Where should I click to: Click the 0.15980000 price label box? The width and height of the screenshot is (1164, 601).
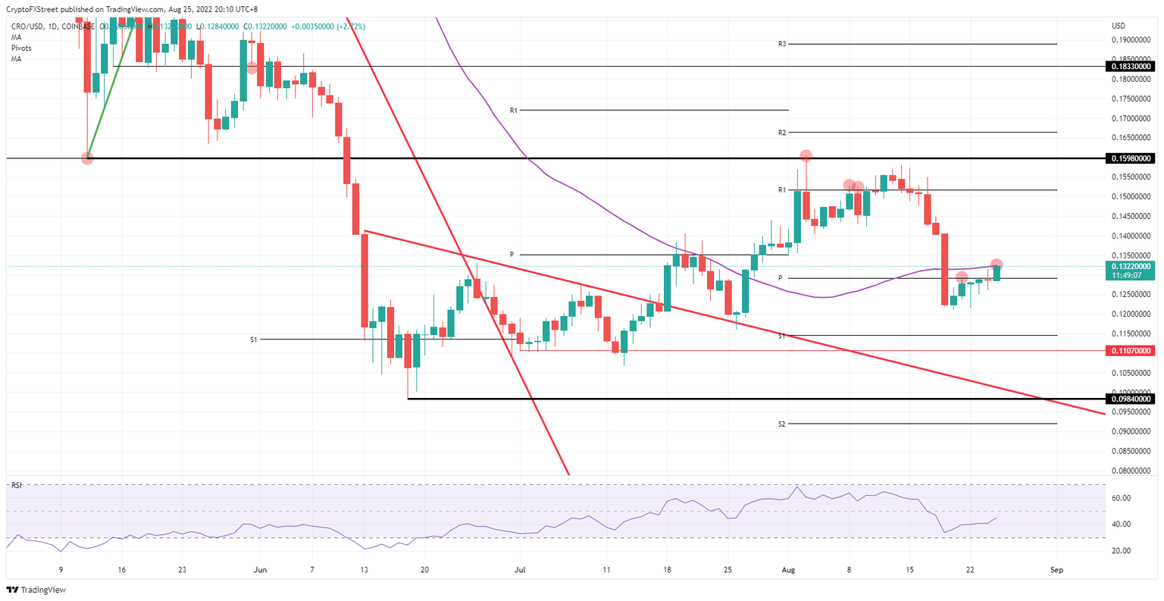pyautogui.click(x=1132, y=158)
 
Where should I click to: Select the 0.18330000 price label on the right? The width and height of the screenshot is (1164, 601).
pyautogui.click(x=1132, y=67)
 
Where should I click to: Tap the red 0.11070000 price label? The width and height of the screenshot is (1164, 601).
pyautogui.click(x=1132, y=351)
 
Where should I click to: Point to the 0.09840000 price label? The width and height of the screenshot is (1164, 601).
pyautogui.click(x=1132, y=399)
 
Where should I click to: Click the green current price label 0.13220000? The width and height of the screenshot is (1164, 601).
pyautogui.click(x=1132, y=267)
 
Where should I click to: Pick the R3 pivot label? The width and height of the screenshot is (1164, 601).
pyautogui.click(x=781, y=44)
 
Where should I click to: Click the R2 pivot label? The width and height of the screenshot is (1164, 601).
pyautogui.click(x=781, y=133)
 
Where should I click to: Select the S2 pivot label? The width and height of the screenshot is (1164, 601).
pyautogui.click(x=781, y=424)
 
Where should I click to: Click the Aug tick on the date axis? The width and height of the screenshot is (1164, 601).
pyautogui.click(x=789, y=569)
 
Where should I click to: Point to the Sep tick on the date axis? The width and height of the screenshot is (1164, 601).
pyautogui.click(x=1056, y=569)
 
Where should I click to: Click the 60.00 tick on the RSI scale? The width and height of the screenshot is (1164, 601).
pyautogui.click(x=1122, y=498)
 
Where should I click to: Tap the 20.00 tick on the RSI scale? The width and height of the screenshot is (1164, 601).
pyautogui.click(x=1122, y=551)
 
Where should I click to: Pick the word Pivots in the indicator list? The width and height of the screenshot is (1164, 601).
pyautogui.click(x=21, y=48)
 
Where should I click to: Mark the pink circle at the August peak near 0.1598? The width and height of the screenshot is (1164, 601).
pyautogui.click(x=806, y=155)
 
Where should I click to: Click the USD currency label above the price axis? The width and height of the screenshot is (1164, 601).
pyautogui.click(x=1118, y=26)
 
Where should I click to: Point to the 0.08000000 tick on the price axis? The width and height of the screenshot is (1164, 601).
pyautogui.click(x=1131, y=471)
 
